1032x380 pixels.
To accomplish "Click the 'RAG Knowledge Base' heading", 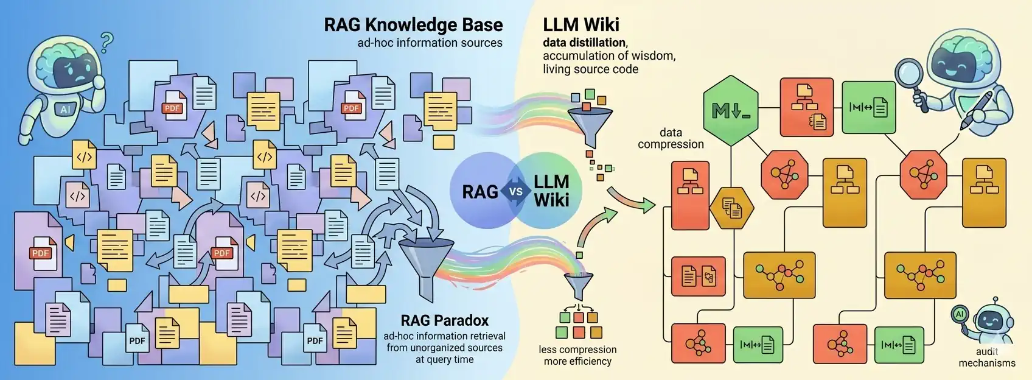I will [413, 25].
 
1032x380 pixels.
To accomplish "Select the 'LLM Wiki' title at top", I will [580, 25].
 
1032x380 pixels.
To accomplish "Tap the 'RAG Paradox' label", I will [444, 320].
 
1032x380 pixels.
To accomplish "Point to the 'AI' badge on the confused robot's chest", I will [65, 110].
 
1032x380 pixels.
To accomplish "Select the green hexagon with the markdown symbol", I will [731, 111].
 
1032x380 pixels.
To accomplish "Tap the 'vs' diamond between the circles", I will [515, 191].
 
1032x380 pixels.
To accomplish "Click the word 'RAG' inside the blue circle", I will [480, 192].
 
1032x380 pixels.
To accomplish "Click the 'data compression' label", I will [671, 138].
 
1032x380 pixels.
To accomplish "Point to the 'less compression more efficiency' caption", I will [577, 355].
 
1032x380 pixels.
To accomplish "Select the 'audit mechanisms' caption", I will [986, 357].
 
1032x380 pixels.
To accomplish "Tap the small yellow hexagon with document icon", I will [732, 208].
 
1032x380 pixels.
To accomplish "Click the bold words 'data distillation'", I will [584, 43].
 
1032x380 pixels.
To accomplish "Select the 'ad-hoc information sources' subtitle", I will [430, 43].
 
